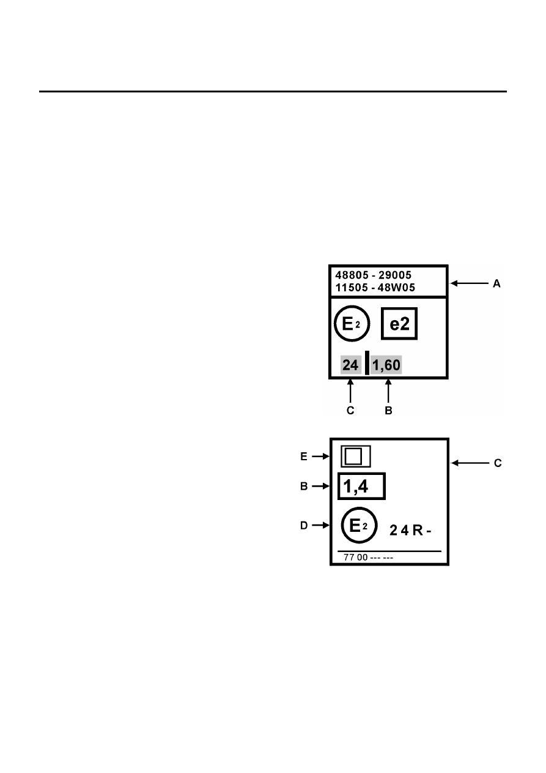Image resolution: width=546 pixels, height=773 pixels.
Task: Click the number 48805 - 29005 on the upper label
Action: tap(374, 275)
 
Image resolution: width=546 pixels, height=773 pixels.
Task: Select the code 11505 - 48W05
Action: tap(375, 288)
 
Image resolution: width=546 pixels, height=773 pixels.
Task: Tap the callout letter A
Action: tap(496, 283)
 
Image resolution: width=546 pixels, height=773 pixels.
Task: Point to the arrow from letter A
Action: tap(470, 283)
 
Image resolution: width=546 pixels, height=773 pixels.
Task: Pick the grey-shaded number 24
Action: tap(350, 365)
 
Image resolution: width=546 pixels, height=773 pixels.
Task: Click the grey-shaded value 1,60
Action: tap(386, 365)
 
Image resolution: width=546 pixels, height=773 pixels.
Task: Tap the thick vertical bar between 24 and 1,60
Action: tap(367, 363)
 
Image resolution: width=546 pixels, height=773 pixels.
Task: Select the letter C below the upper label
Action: tap(350, 411)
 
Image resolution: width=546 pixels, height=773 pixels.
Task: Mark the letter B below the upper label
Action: tap(388, 411)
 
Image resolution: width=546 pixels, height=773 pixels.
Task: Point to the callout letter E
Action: tap(304, 457)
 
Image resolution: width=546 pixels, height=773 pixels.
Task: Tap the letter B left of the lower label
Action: tap(304, 486)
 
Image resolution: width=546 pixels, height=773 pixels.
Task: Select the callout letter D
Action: tap(304, 526)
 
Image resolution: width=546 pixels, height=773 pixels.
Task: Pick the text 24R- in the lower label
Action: tap(410, 531)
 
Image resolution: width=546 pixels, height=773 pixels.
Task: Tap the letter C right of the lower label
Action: tap(498, 463)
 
